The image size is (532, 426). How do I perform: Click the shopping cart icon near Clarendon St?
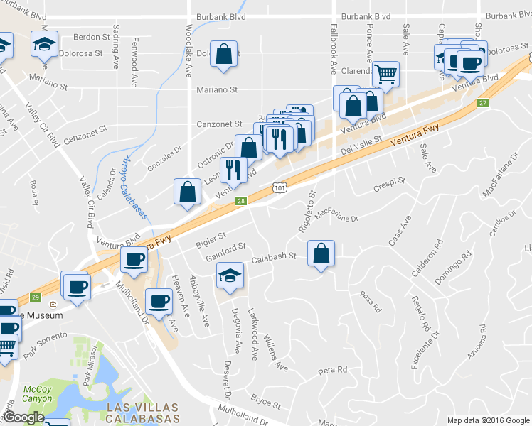[x=385, y=72]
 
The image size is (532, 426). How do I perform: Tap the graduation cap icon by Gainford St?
[x=230, y=275]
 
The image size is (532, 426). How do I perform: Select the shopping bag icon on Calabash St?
[x=321, y=253]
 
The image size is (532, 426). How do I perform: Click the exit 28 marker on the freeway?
[x=241, y=202]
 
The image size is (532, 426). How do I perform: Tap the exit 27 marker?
[x=483, y=104]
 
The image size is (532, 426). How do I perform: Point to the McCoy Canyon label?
[x=37, y=393]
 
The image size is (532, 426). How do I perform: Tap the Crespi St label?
[x=390, y=185]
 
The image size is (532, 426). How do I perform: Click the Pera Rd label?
[x=332, y=370]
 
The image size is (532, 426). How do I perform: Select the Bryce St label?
[x=266, y=401]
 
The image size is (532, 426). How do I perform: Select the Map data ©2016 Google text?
[x=489, y=420]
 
